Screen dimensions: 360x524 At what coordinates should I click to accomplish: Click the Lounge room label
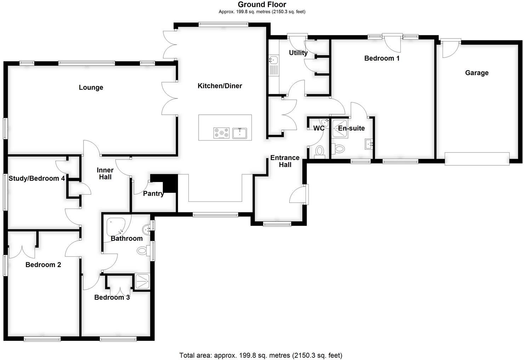tap(91, 87)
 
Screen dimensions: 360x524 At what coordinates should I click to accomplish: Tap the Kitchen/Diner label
tap(220, 86)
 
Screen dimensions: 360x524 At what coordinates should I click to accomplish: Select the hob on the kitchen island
tap(221, 133)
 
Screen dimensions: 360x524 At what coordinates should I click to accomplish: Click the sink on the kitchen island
tap(240, 133)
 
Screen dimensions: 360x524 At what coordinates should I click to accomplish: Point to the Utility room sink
tap(274, 60)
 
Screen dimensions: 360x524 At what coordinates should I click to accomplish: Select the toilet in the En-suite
tap(339, 148)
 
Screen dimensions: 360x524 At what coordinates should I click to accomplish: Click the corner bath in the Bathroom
tap(116, 227)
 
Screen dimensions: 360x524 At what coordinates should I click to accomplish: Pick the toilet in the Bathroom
tap(143, 251)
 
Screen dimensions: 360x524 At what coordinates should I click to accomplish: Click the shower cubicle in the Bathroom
tap(143, 281)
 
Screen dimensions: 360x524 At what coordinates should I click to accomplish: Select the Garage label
tap(477, 73)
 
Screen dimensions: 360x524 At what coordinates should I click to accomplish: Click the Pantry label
tap(153, 194)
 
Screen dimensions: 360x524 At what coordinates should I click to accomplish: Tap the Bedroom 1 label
tap(382, 58)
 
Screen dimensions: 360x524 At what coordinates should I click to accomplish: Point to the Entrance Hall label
tap(285, 161)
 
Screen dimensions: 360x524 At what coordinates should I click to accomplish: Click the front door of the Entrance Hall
tap(298, 194)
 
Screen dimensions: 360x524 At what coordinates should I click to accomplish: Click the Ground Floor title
tap(262, 5)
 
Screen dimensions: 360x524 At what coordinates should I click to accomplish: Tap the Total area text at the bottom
tap(261, 355)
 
